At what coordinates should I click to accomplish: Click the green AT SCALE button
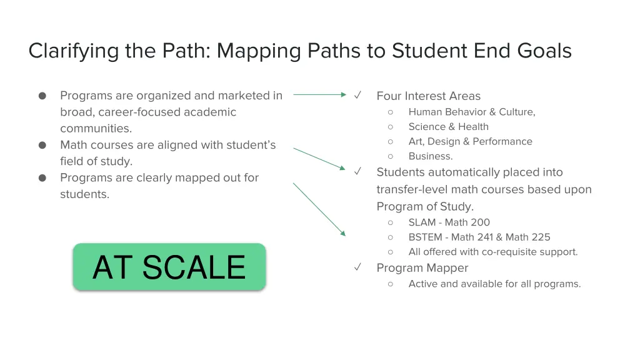coord(169,267)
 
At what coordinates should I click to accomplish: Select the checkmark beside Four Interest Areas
coord(358,96)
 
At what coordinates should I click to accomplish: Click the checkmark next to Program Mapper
coord(358,267)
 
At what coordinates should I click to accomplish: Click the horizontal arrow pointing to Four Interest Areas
coord(319,95)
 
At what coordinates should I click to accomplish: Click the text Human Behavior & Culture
coord(471,112)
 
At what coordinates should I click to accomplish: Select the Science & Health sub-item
coord(448,127)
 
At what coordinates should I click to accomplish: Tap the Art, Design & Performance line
coord(470,142)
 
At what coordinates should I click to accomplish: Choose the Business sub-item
coord(430,157)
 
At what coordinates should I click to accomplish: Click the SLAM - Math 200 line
coord(449,222)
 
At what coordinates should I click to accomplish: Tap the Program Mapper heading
coord(422,268)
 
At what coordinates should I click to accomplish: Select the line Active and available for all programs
coord(494,284)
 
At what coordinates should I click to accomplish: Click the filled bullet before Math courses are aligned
coord(42,145)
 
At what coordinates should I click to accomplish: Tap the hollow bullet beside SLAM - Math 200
coord(390,222)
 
